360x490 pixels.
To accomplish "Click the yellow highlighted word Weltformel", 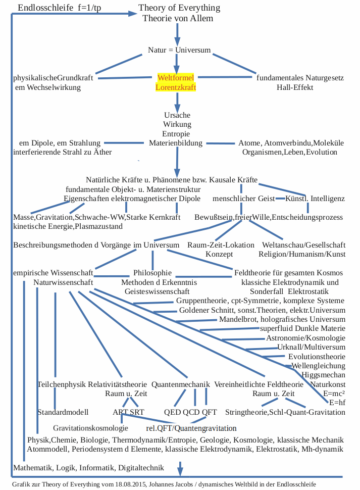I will [175, 78].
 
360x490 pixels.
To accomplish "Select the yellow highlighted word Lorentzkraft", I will [175, 87].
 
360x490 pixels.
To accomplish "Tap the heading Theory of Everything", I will [179, 8].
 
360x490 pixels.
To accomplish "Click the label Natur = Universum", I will [179, 50].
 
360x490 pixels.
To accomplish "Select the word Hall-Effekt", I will [295, 87].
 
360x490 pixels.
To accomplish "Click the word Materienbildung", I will [176, 143].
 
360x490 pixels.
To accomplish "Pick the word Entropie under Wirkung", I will [176, 134].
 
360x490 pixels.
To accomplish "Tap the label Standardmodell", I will [63, 412].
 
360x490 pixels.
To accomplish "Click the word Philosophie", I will [152, 273].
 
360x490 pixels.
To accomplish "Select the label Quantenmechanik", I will [180, 384].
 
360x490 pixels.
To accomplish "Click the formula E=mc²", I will [334, 394].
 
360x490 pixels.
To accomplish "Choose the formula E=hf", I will [337, 403].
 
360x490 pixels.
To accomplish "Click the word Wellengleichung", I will [318, 366].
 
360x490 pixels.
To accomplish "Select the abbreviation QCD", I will [191, 412].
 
